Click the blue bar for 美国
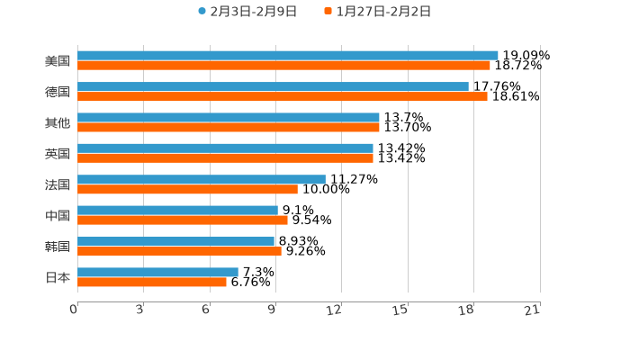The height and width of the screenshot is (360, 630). coord(288,56)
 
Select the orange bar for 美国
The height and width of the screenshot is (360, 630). coord(283,66)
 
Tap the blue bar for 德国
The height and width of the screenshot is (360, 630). coord(273,86)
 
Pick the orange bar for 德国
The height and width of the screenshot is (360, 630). coord(283,96)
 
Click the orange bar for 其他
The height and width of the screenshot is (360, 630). coord(229,128)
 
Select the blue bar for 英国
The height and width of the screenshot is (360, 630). coord(225,148)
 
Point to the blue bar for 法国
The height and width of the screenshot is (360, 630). coord(202,179)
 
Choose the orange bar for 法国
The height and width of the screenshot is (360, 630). coord(187,189)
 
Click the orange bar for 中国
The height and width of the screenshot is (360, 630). coord(183,220)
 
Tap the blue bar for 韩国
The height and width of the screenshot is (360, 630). coord(176,241)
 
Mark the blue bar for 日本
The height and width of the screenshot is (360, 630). coord(157,272)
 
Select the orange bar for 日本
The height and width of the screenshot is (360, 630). coord(152,282)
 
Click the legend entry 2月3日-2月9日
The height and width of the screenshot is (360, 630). coord(247,12)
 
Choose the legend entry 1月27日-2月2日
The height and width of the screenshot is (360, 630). coord(377,12)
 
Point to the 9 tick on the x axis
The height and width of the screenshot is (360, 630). coord(272,310)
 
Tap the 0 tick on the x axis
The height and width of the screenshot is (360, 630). coord(74,310)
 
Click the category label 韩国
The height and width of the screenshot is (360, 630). coord(58,247)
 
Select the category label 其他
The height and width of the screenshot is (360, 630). coord(58,122)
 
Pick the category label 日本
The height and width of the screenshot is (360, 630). coord(58,277)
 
